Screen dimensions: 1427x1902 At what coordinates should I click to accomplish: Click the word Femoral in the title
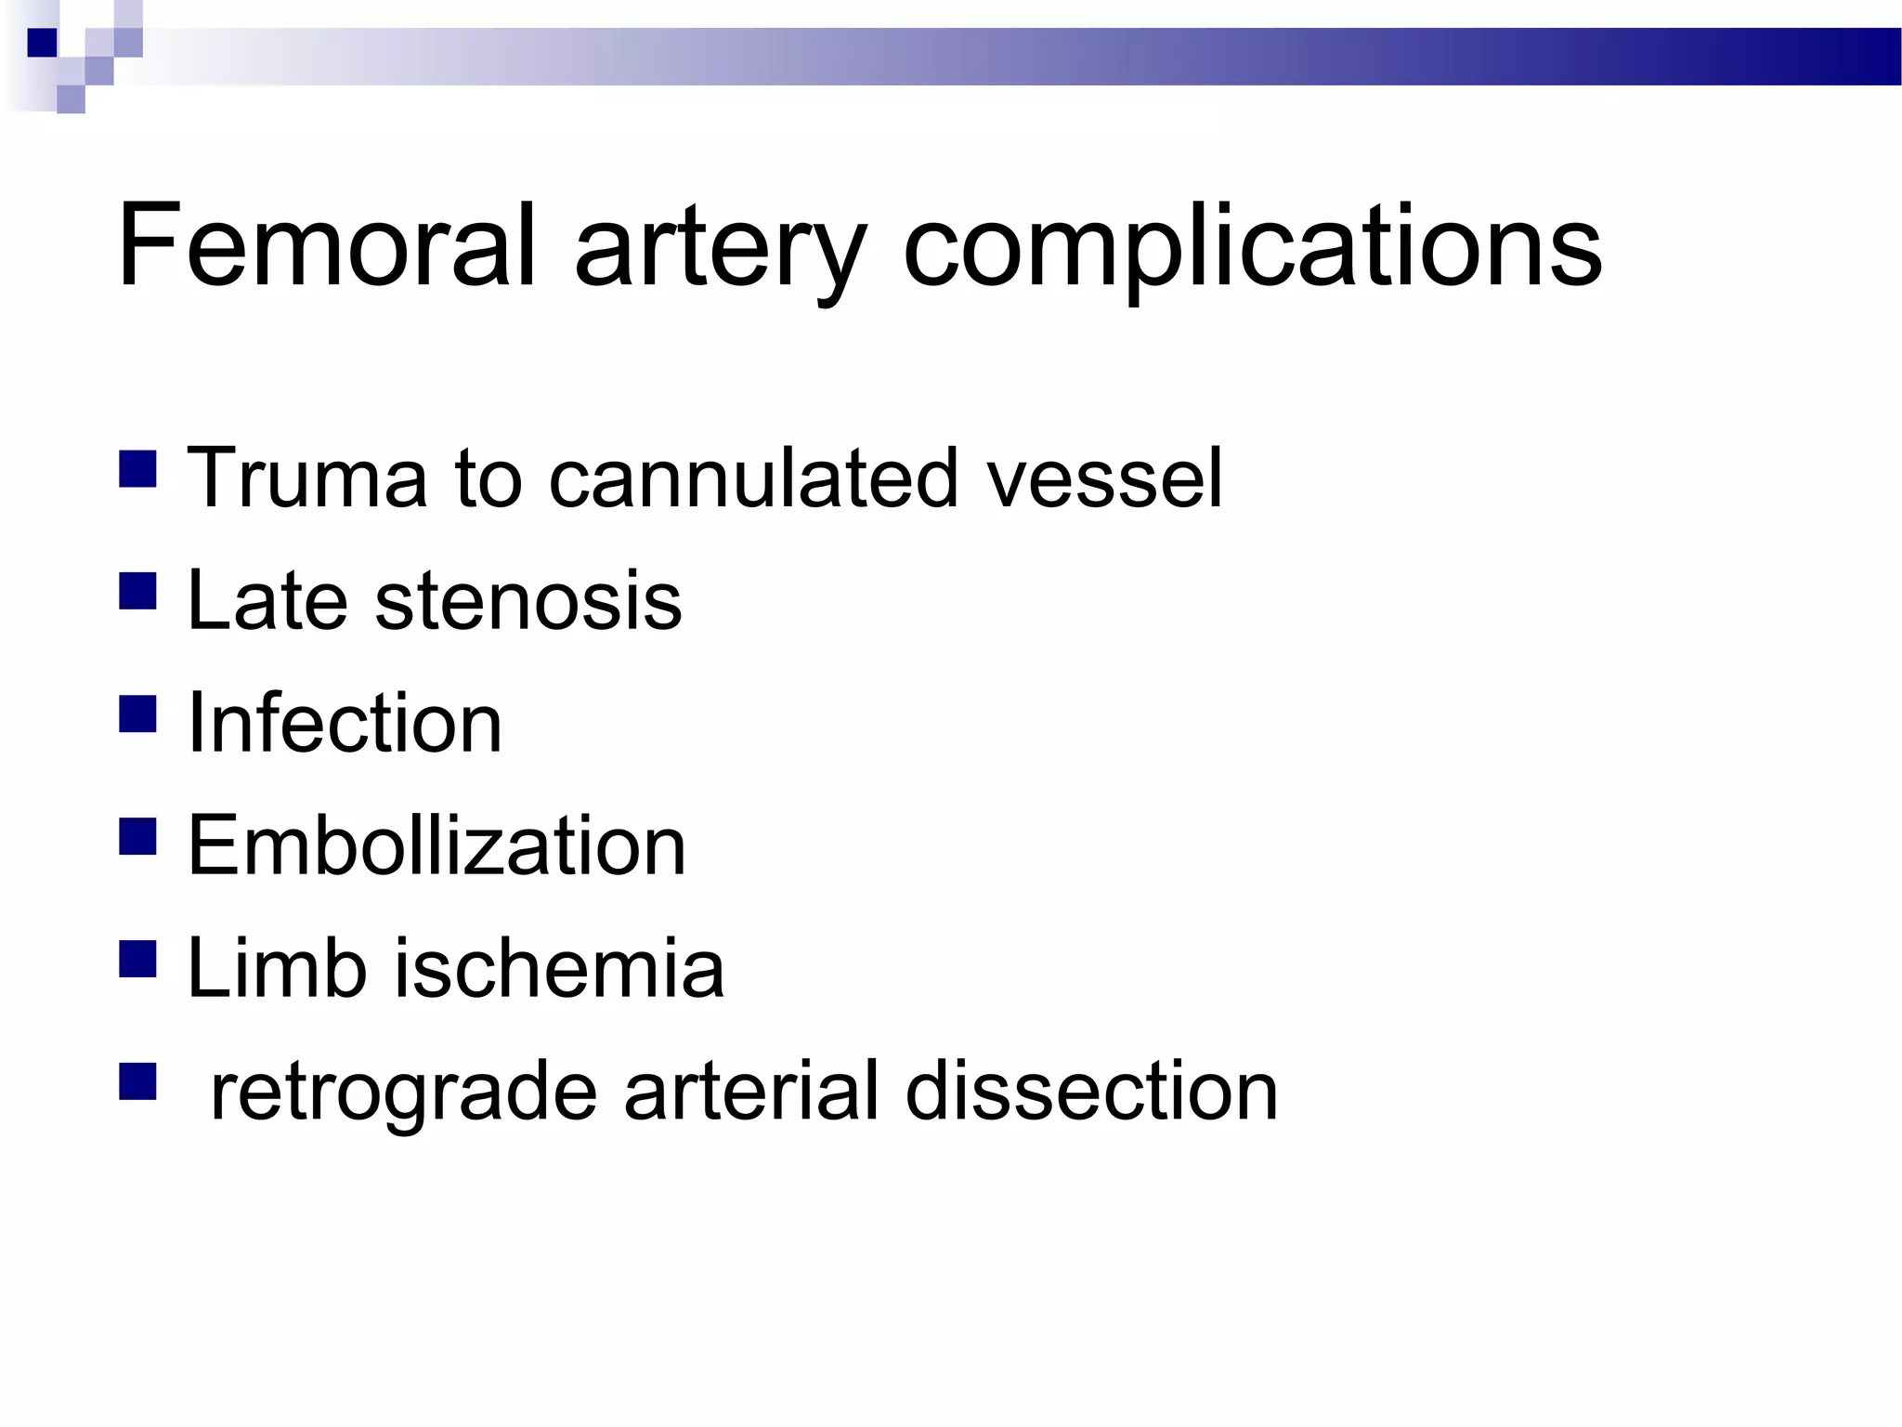(x=325, y=245)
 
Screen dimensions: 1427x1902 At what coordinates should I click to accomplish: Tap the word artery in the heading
(x=721, y=251)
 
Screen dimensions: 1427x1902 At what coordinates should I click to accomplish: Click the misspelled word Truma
(x=306, y=478)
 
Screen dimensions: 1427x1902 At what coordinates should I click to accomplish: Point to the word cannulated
(x=752, y=478)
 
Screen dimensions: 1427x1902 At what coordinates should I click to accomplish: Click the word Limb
(x=277, y=968)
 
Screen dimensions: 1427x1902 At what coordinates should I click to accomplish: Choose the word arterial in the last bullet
(x=751, y=1091)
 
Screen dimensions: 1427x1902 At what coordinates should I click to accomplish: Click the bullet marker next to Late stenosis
(x=137, y=592)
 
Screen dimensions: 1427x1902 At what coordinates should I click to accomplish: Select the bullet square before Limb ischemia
(x=137, y=960)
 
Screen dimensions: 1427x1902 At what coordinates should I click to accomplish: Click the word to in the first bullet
(x=489, y=478)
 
